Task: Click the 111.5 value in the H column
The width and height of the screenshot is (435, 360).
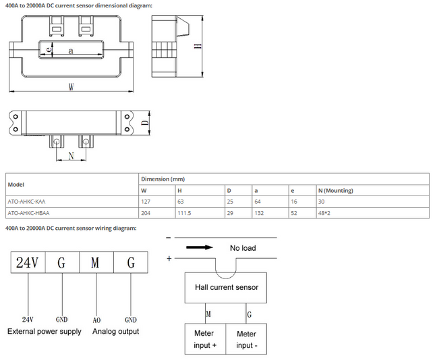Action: [x=184, y=213]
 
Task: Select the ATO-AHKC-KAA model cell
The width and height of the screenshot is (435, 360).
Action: [x=26, y=202]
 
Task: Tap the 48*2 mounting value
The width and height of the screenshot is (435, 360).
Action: [x=324, y=213]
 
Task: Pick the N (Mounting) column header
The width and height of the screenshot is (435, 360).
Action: [x=336, y=191]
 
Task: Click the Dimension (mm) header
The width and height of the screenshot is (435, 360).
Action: [x=163, y=179]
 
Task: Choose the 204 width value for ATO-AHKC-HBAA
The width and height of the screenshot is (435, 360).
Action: [x=146, y=213]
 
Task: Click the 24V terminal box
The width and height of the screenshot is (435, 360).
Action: [x=28, y=262]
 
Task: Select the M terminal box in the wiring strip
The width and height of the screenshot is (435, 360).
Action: [x=96, y=262]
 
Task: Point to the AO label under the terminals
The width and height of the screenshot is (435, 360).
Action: [x=96, y=320]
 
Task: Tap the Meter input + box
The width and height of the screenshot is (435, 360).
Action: [x=205, y=339]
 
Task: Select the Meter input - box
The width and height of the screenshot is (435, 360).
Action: [x=246, y=339]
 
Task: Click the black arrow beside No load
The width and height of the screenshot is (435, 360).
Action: [x=200, y=247]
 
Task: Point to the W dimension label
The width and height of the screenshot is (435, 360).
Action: [x=71, y=87]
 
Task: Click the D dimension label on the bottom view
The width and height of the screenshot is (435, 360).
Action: [x=145, y=123]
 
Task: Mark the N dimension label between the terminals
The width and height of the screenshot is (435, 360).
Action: [x=71, y=156]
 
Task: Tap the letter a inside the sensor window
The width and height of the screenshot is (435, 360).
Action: [x=71, y=51]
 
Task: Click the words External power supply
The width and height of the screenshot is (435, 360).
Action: [x=45, y=332]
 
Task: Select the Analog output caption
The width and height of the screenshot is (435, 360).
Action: [x=116, y=332]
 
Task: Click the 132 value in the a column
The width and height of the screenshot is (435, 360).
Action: [x=259, y=213]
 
